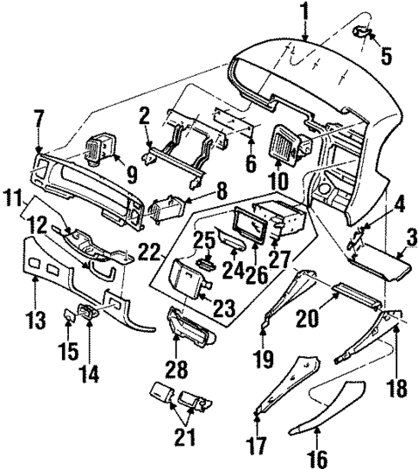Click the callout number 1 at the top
click(304, 11)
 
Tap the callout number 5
click(386, 57)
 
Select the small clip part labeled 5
click(363, 34)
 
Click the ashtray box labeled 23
click(189, 277)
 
